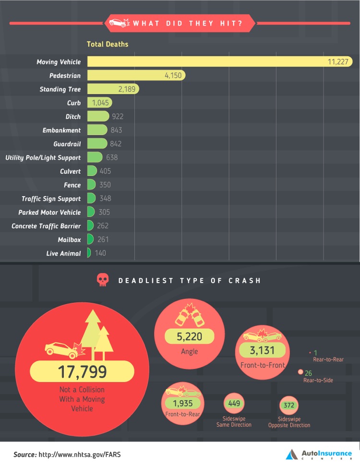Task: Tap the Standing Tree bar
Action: coord(113,89)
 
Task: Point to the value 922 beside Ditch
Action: coord(118,117)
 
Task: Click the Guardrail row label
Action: coord(67,144)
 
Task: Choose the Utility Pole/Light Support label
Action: coord(43,158)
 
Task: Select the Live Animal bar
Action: coord(89,253)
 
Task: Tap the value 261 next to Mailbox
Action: coord(103,240)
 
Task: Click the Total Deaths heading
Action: coord(108,44)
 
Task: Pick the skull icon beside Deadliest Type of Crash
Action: coord(102,280)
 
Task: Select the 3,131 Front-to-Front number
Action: coord(262,351)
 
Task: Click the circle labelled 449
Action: coord(234,404)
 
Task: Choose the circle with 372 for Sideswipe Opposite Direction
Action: coord(289,406)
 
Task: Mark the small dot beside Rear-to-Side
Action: coord(300,372)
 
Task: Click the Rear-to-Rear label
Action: coord(328,359)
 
